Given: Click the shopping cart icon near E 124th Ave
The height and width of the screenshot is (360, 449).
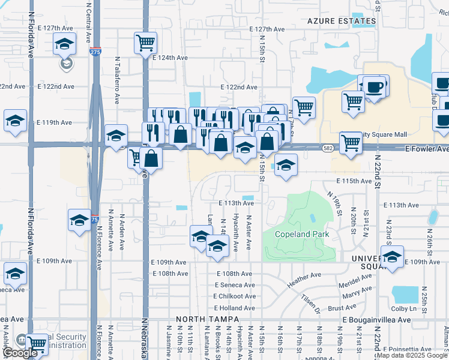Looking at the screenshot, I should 146,43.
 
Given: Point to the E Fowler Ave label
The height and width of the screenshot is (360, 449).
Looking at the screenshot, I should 427,149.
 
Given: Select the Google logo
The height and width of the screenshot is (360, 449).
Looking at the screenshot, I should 20,353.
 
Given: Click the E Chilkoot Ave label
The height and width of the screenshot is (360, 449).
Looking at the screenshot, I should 234,296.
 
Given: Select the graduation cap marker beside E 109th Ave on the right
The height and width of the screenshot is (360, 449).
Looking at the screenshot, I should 392,257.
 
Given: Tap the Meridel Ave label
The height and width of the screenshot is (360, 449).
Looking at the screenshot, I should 356,280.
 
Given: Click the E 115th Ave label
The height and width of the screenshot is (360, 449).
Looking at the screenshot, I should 354,181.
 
